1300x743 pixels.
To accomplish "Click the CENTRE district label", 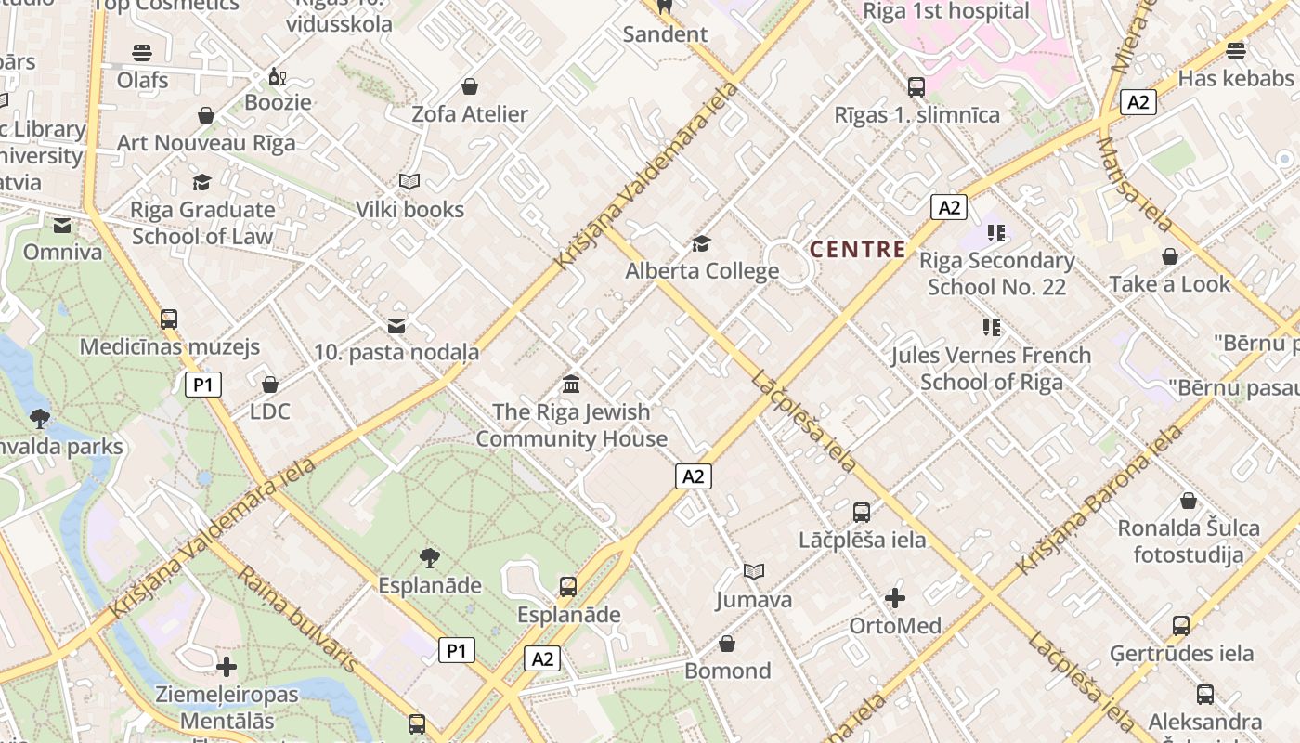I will [857, 249].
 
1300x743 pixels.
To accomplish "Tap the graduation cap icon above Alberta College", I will [701, 243].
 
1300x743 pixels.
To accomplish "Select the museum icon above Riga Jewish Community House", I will [571, 384].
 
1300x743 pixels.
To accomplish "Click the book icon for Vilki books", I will [409, 182].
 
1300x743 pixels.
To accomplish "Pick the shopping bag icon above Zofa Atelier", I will [470, 86].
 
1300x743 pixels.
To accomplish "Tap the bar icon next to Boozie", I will [275, 75].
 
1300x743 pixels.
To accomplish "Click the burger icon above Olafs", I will [142, 52].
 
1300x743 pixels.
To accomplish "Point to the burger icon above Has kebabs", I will [1235, 50].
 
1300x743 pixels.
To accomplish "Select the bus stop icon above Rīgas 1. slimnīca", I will [916, 87].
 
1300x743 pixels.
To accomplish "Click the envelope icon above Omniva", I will [62, 225].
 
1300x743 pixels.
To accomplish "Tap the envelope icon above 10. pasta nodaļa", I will [396, 325].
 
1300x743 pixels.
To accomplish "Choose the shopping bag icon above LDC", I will [270, 384].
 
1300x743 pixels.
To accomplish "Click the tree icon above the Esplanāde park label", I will [429, 557].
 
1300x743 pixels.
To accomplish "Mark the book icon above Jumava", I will [754, 571].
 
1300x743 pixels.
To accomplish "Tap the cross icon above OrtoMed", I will [895, 597].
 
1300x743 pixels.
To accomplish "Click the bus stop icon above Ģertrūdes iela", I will [1180, 625].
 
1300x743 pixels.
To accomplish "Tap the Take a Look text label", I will [1169, 284].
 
